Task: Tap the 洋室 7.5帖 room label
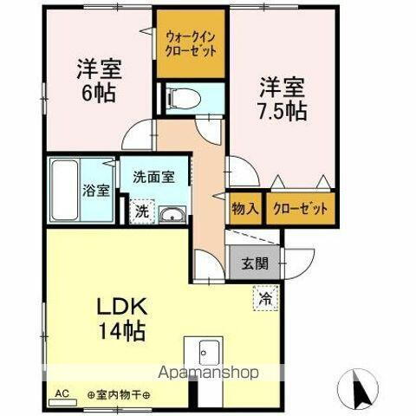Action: point(281,98)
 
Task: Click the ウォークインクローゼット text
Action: point(191,43)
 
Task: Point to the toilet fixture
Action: point(181,99)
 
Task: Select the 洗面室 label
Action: point(153,177)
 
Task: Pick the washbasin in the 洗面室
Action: point(173,213)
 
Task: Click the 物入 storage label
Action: point(245,208)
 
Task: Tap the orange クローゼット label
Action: point(301,208)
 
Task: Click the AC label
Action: point(62,393)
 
